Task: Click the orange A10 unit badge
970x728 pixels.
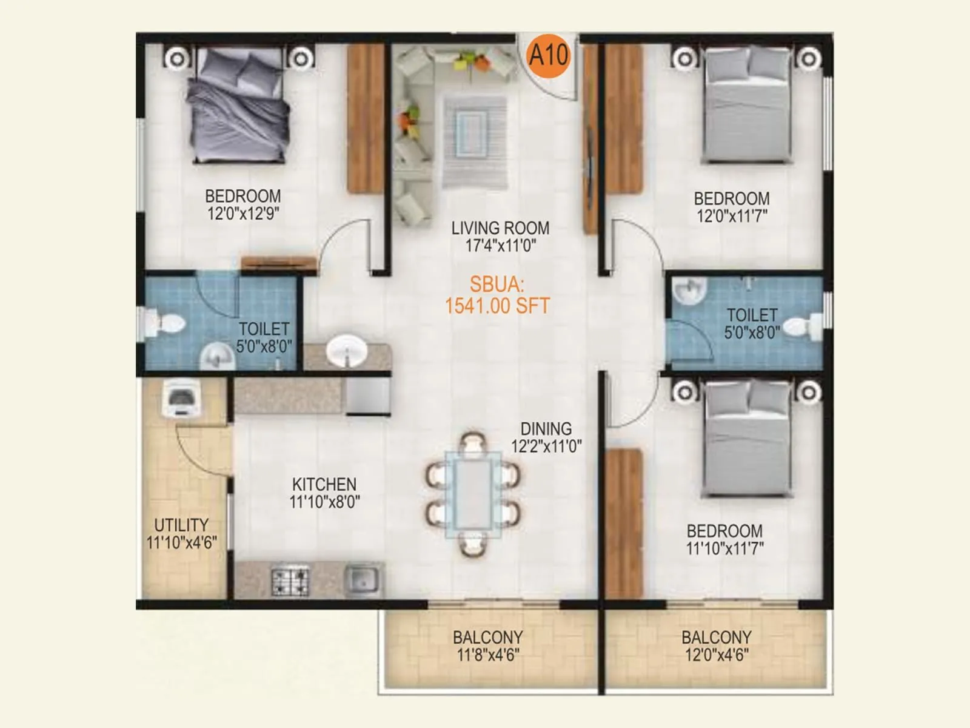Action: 549,56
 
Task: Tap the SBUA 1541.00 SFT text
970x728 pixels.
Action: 497,295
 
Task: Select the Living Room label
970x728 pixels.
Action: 500,228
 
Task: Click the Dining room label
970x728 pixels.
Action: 546,429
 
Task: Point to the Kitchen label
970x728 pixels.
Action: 324,484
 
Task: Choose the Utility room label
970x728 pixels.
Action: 181,525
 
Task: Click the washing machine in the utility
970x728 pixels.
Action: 178,398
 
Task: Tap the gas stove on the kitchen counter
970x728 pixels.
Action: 289,581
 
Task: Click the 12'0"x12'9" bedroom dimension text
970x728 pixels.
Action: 243,214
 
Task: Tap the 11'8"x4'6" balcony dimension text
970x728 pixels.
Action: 488,655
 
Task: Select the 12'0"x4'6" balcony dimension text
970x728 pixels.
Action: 717,655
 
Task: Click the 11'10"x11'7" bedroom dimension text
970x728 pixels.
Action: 724,548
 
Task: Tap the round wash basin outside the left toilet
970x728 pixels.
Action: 347,351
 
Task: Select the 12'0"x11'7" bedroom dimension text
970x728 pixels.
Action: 732,216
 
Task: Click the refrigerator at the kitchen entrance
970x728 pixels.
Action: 367,396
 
